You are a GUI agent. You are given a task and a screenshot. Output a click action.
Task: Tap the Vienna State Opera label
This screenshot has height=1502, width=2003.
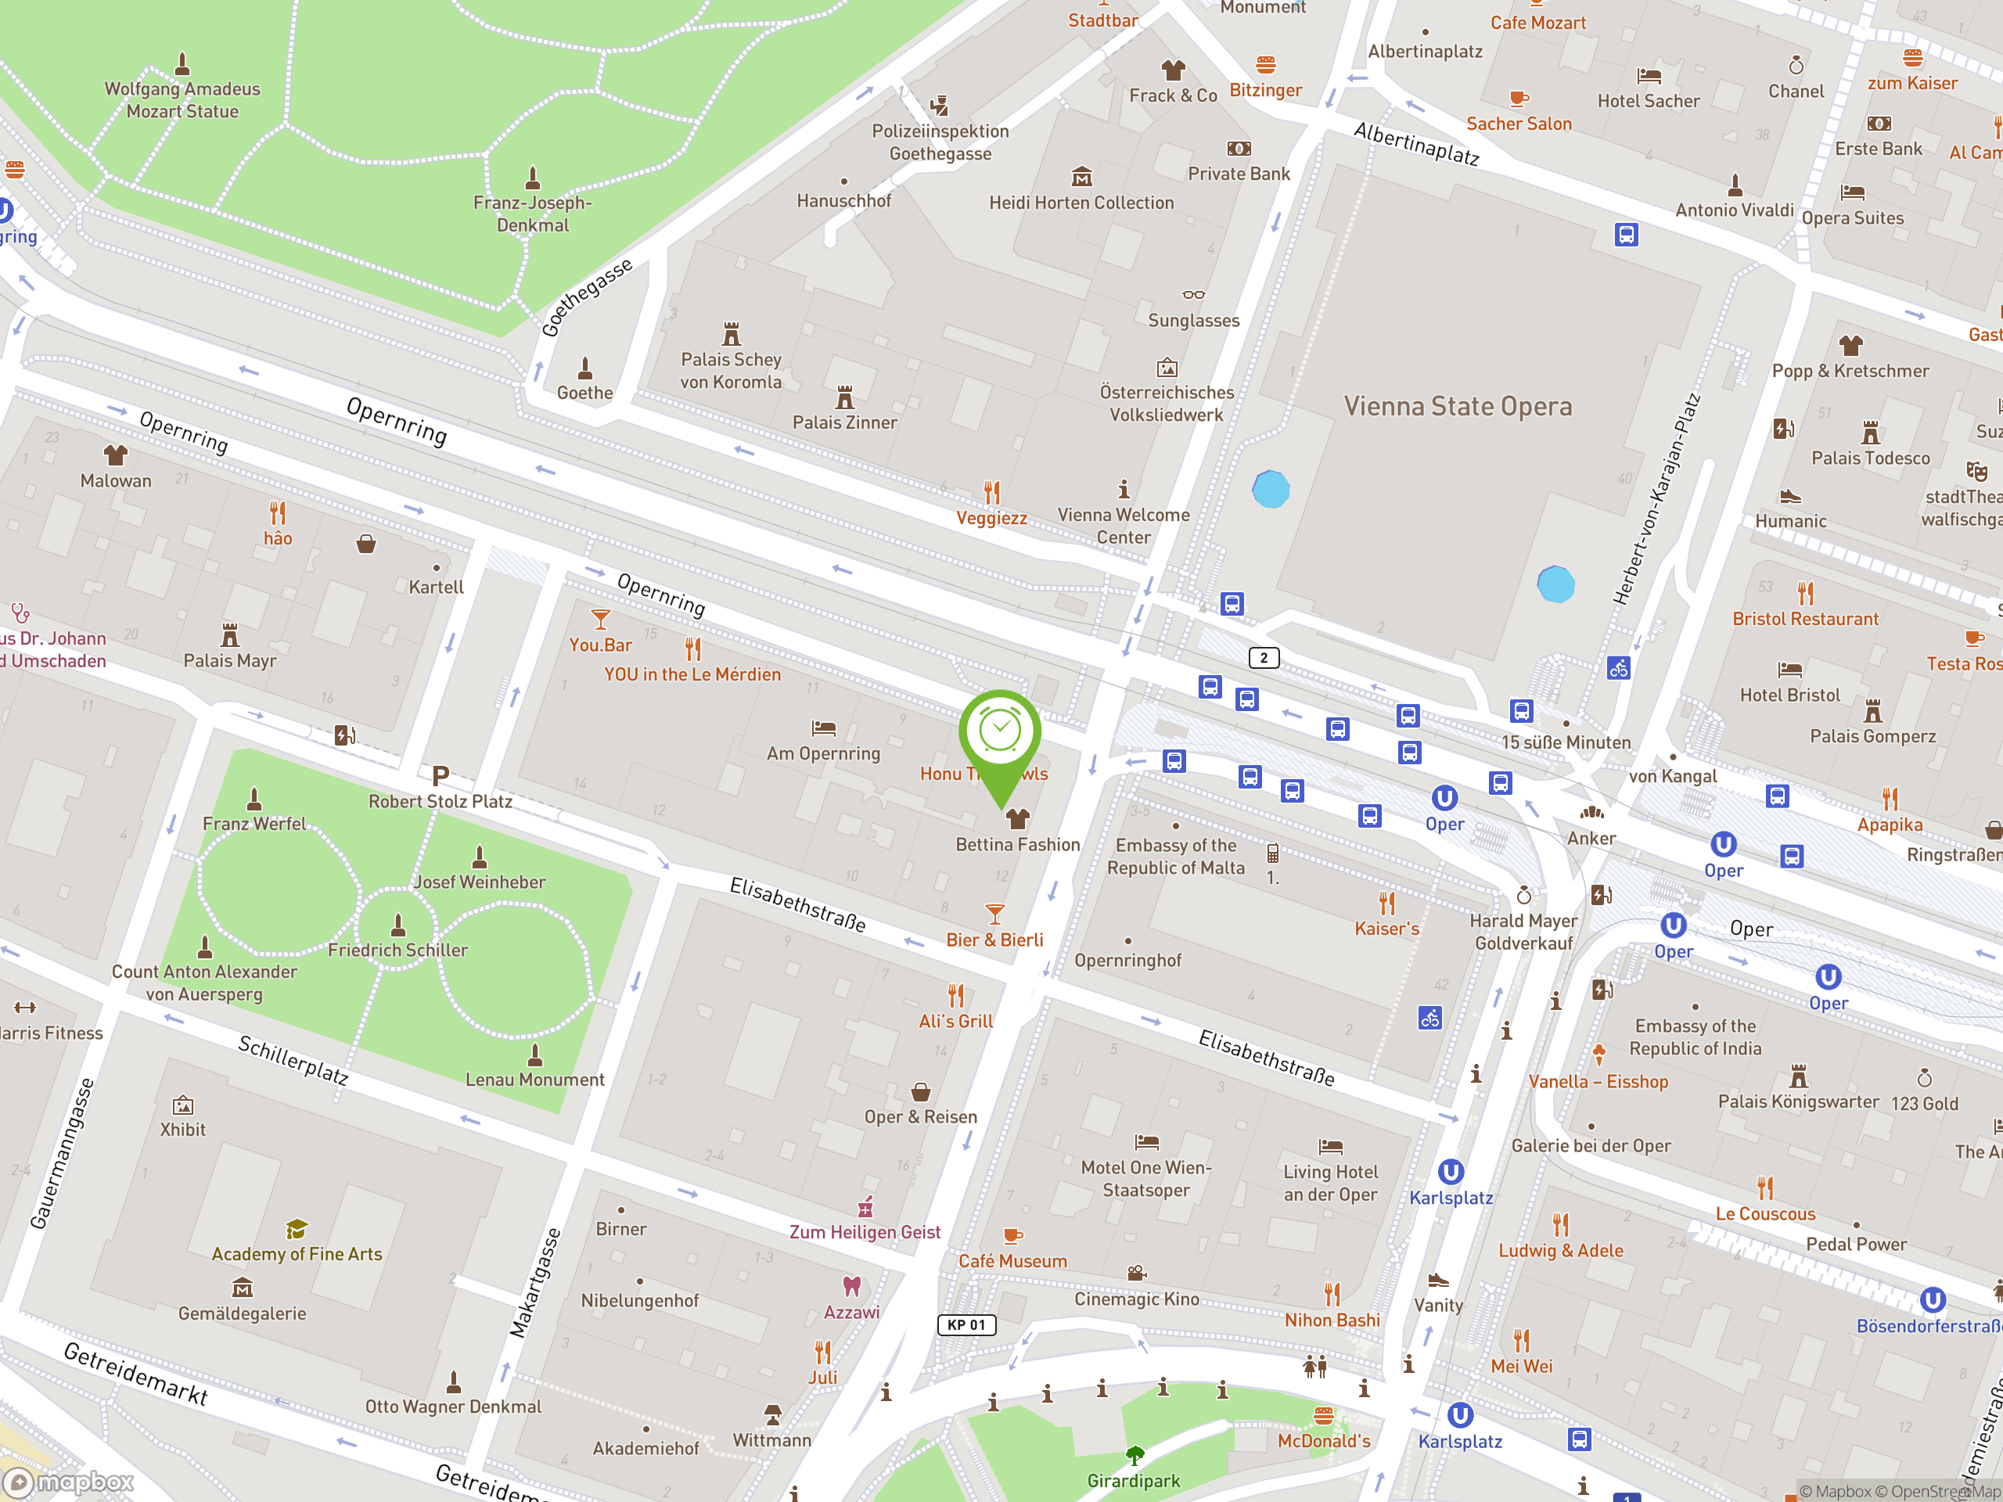coord(1457,407)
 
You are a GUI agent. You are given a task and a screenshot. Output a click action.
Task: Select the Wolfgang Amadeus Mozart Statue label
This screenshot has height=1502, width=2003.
coord(182,99)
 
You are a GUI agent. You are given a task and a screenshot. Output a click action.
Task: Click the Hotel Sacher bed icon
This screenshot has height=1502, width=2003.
coord(1648,76)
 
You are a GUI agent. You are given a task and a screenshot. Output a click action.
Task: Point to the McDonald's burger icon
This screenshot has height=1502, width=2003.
coord(1323,1415)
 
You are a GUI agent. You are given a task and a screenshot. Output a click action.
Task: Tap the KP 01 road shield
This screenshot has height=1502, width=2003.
coord(966,1324)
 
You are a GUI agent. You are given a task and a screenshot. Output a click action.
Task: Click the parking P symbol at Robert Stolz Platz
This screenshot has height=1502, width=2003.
coord(440,776)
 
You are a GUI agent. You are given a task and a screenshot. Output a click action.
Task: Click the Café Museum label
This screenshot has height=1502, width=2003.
coord(1012,1261)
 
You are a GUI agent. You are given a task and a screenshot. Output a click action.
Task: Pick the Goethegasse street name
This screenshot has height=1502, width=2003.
coord(587,297)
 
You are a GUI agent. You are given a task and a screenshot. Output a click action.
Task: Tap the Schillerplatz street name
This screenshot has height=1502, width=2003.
coord(293,1059)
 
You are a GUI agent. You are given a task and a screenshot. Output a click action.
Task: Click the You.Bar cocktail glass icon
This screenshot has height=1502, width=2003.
coord(599,620)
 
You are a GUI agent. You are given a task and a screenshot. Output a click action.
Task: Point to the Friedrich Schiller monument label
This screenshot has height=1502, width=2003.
coord(397,950)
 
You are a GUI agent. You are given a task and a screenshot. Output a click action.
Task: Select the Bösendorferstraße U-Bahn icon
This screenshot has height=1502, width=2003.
coord(1933,1300)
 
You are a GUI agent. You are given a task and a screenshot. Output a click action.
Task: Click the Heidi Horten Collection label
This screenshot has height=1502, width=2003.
coord(1081,203)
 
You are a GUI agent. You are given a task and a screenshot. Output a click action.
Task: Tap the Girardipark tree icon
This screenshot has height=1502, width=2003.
coord(1134,1455)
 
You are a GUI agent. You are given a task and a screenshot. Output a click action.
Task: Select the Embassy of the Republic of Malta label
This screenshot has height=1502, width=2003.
coord(1175,857)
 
